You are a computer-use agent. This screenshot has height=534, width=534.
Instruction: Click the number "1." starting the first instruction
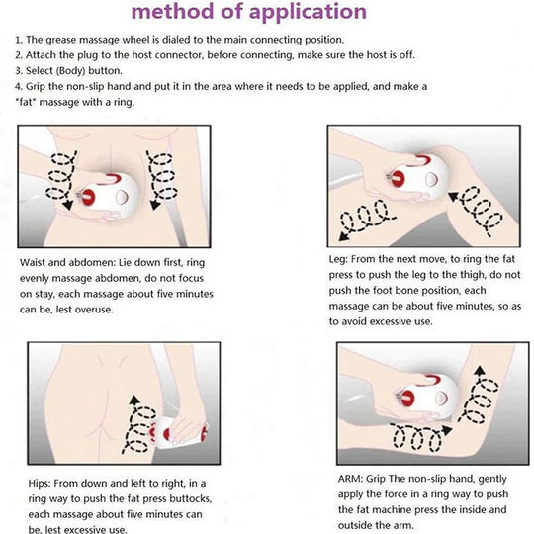point(20,38)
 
